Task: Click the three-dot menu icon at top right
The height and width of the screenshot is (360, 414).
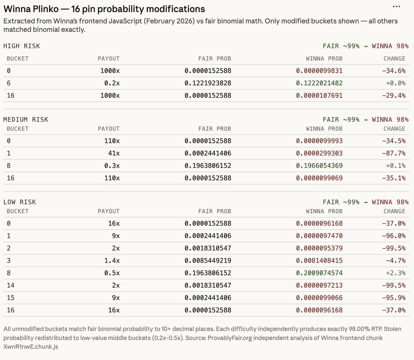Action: point(396,7)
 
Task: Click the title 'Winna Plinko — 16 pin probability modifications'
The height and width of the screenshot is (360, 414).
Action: point(104,9)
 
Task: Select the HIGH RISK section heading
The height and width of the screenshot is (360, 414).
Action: point(21,46)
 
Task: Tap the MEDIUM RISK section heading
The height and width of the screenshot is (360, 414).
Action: point(26,119)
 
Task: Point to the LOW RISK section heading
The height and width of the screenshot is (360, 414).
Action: point(20,202)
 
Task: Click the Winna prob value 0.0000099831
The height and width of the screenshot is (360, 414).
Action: point(319,71)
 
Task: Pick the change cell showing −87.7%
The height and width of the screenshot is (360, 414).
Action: point(394,153)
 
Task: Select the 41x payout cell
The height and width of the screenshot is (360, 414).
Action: point(114,153)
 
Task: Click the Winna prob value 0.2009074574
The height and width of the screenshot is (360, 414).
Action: point(319,273)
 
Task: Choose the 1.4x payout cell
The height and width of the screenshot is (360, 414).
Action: point(112,261)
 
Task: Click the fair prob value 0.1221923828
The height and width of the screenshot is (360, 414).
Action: point(208,83)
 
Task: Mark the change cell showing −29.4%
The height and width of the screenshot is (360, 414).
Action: point(394,96)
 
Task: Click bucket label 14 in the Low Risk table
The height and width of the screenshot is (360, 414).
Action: point(10,285)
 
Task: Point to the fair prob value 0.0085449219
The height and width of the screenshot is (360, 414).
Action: point(208,261)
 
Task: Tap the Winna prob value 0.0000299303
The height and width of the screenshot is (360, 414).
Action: point(319,153)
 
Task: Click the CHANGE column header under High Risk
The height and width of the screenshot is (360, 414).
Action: point(394,59)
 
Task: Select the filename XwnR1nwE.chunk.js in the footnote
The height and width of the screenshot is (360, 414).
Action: point(31,347)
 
